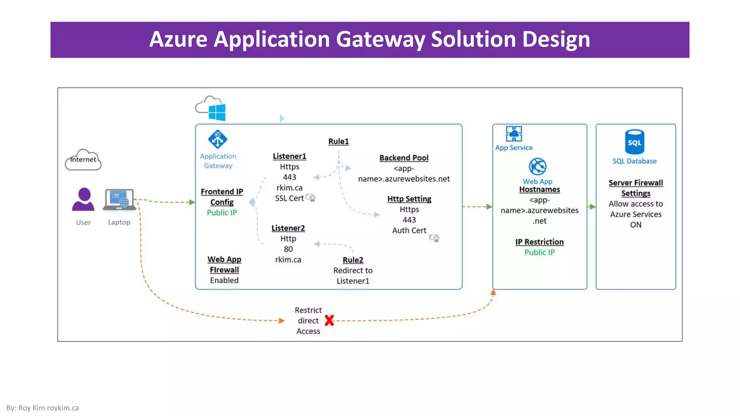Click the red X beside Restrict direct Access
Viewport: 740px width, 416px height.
tap(329, 320)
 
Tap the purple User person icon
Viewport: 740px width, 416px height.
tap(83, 199)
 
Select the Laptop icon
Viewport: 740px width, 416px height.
tap(119, 199)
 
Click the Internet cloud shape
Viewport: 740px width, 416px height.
tap(83, 160)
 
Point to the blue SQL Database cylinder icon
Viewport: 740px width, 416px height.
tap(634, 142)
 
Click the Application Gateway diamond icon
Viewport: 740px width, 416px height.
tap(218, 139)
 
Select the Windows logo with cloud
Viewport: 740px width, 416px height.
tap(211, 108)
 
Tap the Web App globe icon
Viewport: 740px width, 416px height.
tap(538, 166)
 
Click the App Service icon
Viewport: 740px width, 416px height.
tap(514, 134)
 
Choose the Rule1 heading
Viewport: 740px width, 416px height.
tap(339, 142)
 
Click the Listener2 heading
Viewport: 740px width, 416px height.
tap(288, 228)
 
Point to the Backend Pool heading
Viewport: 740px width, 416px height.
tap(404, 158)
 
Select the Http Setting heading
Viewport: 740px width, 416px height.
tap(409, 199)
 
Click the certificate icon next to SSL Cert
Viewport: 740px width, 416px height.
tap(311, 198)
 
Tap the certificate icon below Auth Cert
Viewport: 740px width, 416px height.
tap(434, 238)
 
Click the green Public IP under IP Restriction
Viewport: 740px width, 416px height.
tap(539, 252)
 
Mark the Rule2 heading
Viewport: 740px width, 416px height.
tap(353, 260)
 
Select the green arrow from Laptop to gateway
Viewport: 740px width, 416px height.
tap(166, 201)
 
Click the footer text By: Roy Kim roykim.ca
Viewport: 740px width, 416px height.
tap(43, 408)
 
